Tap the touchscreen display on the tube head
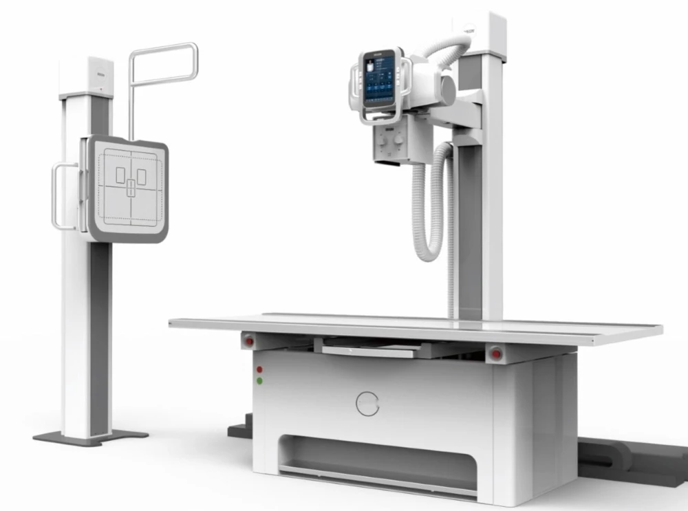(379, 80)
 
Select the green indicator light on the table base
(259, 380)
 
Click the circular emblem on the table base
(367, 403)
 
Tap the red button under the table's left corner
(248, 340)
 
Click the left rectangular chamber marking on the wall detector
(120, 175)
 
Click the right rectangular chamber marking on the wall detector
(141, 176)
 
